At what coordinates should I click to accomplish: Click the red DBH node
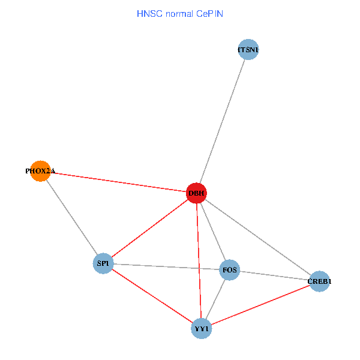(x=197, y=193)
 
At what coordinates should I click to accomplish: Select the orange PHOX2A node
(x=40, y=171)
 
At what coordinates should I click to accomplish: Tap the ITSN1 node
(x=248, y=49)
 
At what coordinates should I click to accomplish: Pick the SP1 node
(x=103, y=263)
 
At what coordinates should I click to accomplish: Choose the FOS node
(x=230, y=270)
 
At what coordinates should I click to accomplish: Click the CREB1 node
(x=319, y=281)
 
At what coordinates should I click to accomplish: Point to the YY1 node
(x=202, y=329)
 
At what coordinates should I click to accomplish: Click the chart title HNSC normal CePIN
(x=180, y=13)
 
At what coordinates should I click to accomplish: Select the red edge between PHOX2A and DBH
(x=118, y=182)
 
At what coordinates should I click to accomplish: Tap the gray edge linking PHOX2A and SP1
(x=71, y=217)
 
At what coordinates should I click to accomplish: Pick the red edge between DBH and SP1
(x=150, y=228)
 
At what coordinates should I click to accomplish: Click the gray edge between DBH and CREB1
(x=258, y=237)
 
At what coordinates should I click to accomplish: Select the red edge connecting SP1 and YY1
(x=152, y=296)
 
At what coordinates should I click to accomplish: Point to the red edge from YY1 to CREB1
(x=260, y=305)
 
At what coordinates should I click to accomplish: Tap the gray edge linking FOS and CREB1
(x=274, y=275)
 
